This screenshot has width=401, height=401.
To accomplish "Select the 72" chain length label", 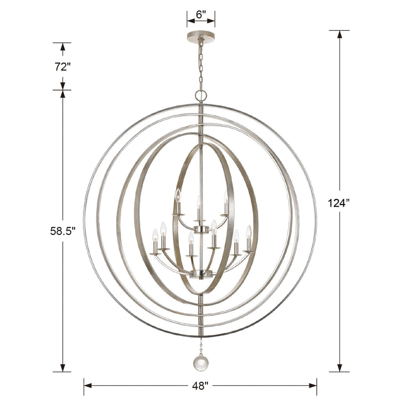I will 63,67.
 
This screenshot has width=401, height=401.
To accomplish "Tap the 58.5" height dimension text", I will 63,231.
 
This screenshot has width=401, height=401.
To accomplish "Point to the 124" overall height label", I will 340,203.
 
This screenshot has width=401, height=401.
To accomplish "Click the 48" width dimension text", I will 200,386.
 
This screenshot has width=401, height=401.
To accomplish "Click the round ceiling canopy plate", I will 200,36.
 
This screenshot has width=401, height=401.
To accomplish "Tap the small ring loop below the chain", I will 201,95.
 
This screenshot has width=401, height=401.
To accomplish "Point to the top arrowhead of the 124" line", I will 340,34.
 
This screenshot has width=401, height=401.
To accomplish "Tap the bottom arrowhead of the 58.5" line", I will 63,368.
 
